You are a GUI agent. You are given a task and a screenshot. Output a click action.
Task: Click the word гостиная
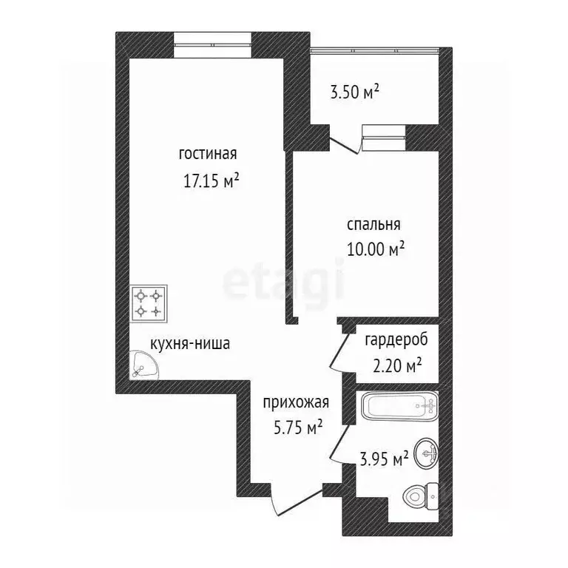point(207,155)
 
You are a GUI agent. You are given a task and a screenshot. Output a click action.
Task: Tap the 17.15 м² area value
point(211,180)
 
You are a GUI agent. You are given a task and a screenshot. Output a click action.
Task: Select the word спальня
point(373,224)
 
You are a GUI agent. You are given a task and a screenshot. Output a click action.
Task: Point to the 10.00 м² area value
point(376,249)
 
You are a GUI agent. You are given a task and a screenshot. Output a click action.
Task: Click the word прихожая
point(296,402)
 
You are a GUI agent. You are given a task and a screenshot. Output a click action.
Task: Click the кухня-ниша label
point(189,343)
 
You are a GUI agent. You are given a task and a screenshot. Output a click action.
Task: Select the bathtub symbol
point(399,406)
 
